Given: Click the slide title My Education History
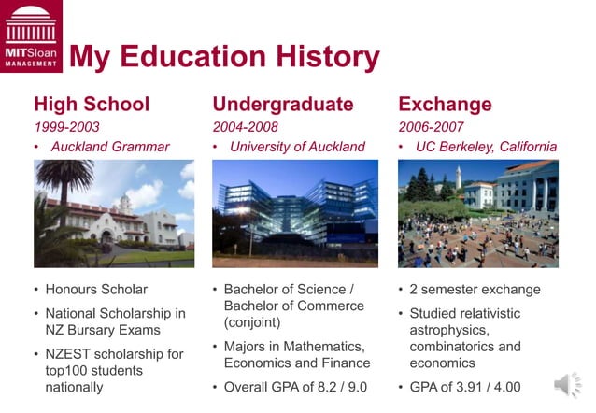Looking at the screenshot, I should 224,58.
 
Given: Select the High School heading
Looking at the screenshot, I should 92,104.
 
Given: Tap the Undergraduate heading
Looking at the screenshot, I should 282,104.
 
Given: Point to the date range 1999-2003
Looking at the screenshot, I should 66,127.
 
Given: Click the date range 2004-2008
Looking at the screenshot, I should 245,127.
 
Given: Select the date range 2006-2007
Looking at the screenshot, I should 431,127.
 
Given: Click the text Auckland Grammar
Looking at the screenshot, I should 110,147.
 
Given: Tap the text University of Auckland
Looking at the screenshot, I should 297,147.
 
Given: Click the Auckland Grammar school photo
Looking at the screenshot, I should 114,213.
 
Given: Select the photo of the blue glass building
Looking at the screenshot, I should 294,213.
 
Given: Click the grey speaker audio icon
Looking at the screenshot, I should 566,385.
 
